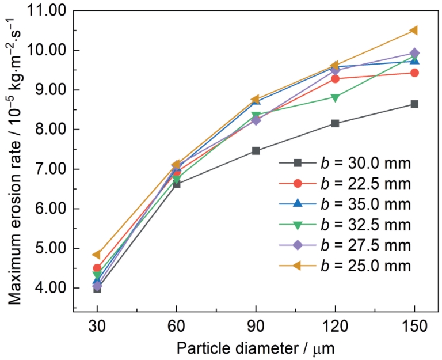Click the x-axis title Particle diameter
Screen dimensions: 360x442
pyautogui.click(x=256, y=348)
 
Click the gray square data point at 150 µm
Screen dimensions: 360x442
pyautogui.click(x=414, y=104)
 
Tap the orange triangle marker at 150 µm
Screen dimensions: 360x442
pyautogui.click(x=414, y=30)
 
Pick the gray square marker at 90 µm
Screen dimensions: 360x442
pyautogui.click(x=256, y=151)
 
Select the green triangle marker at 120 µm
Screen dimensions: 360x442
pyautogui.click(x=335, y=97)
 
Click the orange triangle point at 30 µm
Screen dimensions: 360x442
pyautogui.click(x=97, y=255)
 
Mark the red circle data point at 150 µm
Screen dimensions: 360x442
pyautogui.click(x=414, y=73)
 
